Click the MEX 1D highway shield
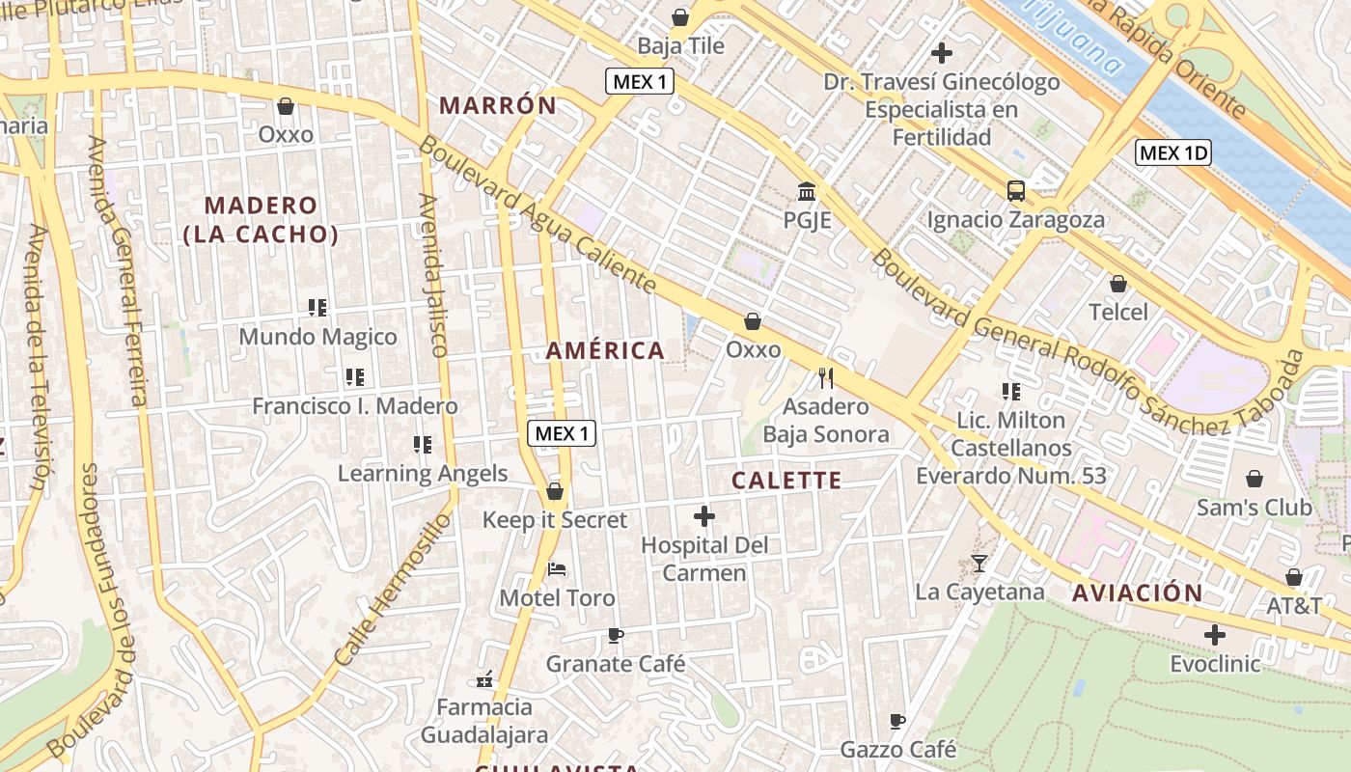pyautogui.click(x=1172, y=152)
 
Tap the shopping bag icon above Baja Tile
pyautogui.click(x=680, y=17)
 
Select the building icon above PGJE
pyautogui.click(x=807, y=191)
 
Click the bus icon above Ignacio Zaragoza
pyautogui.click(x=1016, y=191)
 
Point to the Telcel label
pyautogui.click(x=1118, y=312)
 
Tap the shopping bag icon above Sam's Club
pyautogui.click(x=1254, y=479)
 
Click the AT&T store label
pyautogui.click(x=1294, y=606)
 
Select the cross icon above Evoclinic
pyautogui.click(x=1215, y=635)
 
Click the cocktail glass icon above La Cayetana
pyautogui.click(x=979, y=564)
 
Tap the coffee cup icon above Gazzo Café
pyautogui.click(x=897, y=721)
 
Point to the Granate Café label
pyautogui.click(x=616, y=664)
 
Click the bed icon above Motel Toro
pyautogui.click(x=557, y=569)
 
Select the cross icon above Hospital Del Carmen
pyautogui.click(x=704, y=516)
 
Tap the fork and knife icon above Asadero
pyautogui.click(x=825, y=377)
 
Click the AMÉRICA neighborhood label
pyautogui.click(x=605, y=350)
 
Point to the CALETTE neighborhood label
pyautogui.click(x=786, y=481)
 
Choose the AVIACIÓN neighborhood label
pyautogui.click(x=1138, y=593)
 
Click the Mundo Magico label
pyautogui.click(x=317, y=337)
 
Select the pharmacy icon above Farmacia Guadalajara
pyautogui.click(x=484, y=679)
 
